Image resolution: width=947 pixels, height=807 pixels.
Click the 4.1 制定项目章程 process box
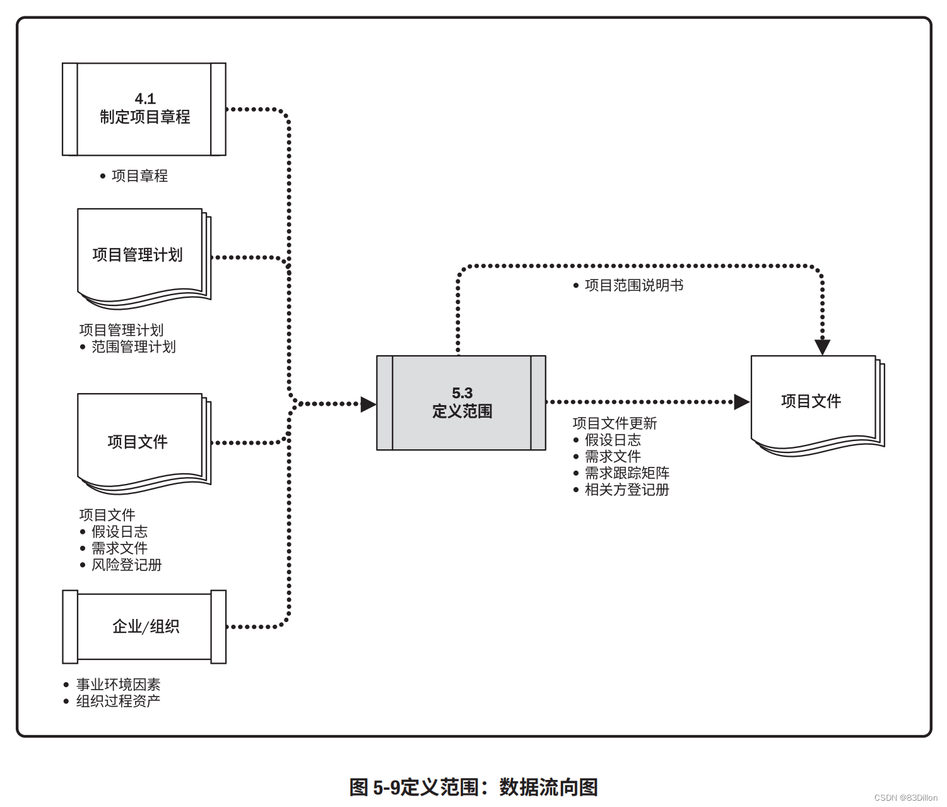click(x=144, y=109)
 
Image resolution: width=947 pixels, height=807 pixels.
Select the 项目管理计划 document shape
click(x=144, y=259)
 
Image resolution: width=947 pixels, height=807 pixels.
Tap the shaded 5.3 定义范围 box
click(x=461, y=403)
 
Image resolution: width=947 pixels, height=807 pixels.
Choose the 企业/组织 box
click(x=144, y=627)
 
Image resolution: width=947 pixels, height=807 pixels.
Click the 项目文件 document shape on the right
click(x=818, y=406)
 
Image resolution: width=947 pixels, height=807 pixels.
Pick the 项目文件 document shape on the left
click(x=144, y=444)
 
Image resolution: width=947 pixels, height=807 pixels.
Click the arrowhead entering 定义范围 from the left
click(x=368, y=404)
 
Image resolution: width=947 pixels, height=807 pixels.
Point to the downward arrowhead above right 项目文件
click(x=822, y=348)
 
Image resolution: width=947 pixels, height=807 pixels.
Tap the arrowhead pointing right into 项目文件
click(x=742, y=402)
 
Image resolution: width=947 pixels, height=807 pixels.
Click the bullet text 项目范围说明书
click(x=634, y=285)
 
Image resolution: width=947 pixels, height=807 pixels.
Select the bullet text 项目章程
click(x=139, y=175)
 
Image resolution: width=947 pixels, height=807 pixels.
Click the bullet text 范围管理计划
click(x=133, y=346)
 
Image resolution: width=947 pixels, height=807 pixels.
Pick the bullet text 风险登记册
click(x=126, y=565)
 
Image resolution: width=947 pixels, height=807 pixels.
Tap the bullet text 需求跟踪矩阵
click(x=627, y=473)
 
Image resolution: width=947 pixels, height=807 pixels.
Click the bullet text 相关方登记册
click(x=627, y=490)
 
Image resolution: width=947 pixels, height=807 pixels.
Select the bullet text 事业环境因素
click(x=118, y=684)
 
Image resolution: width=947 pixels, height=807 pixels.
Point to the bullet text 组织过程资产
click(x=118, y=701)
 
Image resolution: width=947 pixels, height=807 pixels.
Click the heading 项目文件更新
click(x=615, y=423)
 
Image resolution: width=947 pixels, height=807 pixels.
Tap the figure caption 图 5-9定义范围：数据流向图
click(x=474, y=787)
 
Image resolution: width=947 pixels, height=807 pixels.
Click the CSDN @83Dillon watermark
click(x=906, y=798)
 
